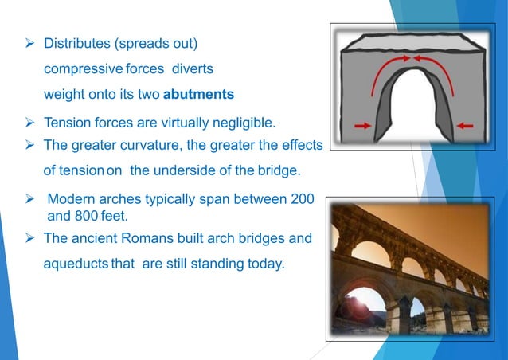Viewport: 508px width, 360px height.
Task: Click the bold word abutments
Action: click(x=198, y=95)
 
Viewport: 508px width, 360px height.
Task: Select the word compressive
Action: click(x=88, y=68)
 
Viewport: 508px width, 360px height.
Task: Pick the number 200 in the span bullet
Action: click(x=302, y=198)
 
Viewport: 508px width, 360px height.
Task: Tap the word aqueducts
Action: click(x=76, y=264)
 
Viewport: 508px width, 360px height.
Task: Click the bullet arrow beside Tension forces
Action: click(x=30, y=123)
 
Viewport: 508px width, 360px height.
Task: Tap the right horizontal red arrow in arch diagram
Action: click(x=466, y=126)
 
